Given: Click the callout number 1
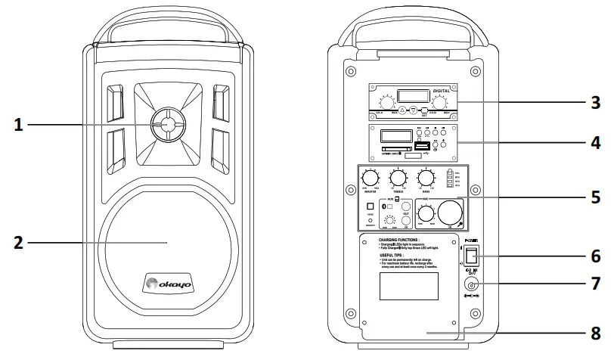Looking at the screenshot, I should (20, 125).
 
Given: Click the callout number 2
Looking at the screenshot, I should (20, 244).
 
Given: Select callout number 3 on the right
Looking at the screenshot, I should (596, 102).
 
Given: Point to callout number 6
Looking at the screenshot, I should (596, 256).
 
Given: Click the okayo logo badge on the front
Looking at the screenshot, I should (167, 285).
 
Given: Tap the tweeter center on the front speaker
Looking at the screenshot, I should (168, 125).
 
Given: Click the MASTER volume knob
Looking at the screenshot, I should (371, 179).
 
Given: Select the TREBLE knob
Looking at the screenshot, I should (398, 179).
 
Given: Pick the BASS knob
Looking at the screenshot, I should (426, 179).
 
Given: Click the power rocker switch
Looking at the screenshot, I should (470, 253).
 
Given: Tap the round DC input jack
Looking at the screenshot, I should (470, 284).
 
